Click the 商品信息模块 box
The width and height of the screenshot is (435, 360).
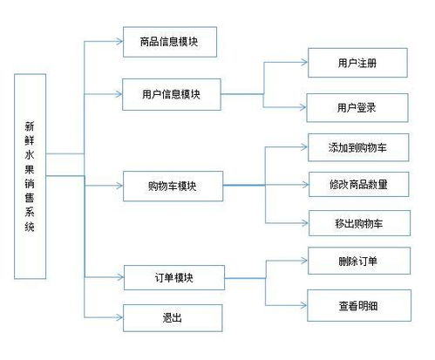click(x=170, y=42)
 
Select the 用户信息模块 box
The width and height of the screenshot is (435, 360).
click(x=172, y=94)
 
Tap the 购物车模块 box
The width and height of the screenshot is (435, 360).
click(x=173, y=186)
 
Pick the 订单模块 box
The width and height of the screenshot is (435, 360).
click(x=174, y=277)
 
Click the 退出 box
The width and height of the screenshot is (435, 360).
click(x=173, y=318)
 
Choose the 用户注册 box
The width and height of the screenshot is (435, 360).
click(x=357, y=63)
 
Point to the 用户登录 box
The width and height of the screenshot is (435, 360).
click(x=357, y=108)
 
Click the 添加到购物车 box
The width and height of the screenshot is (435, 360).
click(x=358, y=147)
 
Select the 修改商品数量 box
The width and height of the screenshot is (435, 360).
click(x=358, y=184)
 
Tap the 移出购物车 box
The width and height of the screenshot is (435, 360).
click(x=359, y=223)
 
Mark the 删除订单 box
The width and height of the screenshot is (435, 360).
click(x=359, y=261)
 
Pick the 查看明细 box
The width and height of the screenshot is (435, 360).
click(x=359, y=305)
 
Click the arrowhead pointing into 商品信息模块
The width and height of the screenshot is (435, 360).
click(x=119, y=42)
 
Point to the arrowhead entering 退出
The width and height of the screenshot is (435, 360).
click(x=119, y=317)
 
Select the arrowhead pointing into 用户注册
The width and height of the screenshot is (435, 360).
click(x=304, y=62)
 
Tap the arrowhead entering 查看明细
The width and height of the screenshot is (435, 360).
click(x=303, y=305)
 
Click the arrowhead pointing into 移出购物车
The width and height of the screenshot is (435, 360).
click(x=305, y=223)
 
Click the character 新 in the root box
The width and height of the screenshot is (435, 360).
click(x=30, y=126)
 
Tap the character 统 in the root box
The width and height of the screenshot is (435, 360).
click(x=30, y=227)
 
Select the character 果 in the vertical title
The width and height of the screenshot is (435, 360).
click(x=30, y=169)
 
